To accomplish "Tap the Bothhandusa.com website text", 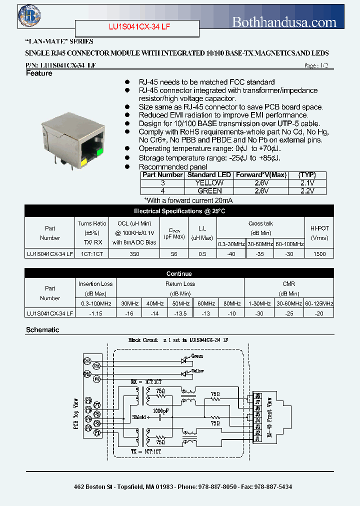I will [x=284, y=22].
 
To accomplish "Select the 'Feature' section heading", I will [x=39, y=73].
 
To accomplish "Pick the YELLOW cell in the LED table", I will [x=209, y=183].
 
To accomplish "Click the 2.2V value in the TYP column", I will [x=307, y=191].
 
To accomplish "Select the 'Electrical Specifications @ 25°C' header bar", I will [x=179, y=211].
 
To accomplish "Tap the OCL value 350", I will [x=134, y=254].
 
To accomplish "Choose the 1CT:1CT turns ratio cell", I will [x=91, y=254].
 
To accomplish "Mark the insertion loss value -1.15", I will [x=95, y=313].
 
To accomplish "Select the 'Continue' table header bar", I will [x=179, y=274].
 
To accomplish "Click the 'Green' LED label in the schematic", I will [x=197, y=356].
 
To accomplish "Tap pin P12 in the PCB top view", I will [x=87, y=360].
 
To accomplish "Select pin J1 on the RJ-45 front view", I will [x=258, y=438].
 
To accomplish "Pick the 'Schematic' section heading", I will [x=42, y=330].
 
